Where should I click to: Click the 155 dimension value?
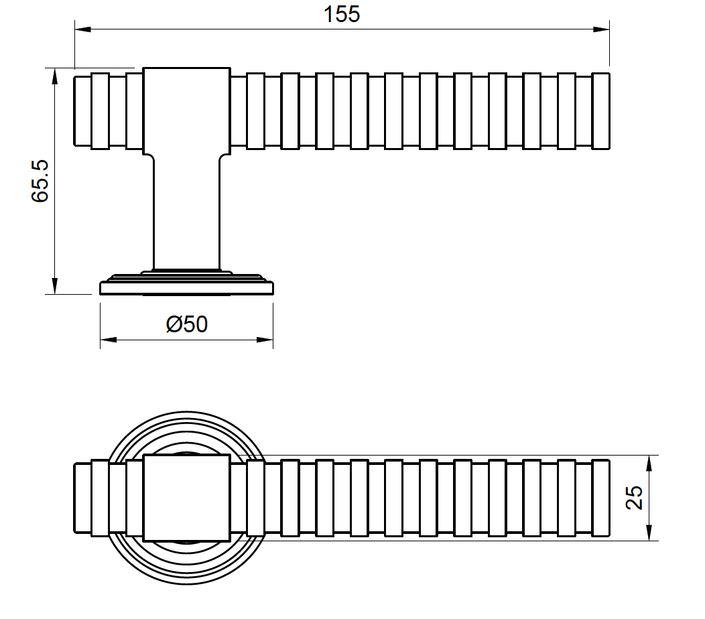pos(342,14)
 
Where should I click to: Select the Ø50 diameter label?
pos(187,325)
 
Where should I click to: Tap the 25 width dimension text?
pos(633,498)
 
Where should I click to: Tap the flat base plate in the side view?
pos(187,288)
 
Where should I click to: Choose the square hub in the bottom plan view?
pos(187,498)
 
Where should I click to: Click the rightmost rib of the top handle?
pos(601,111)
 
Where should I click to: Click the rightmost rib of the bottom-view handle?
pos(601,498)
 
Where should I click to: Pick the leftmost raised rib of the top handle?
pos(100,111)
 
